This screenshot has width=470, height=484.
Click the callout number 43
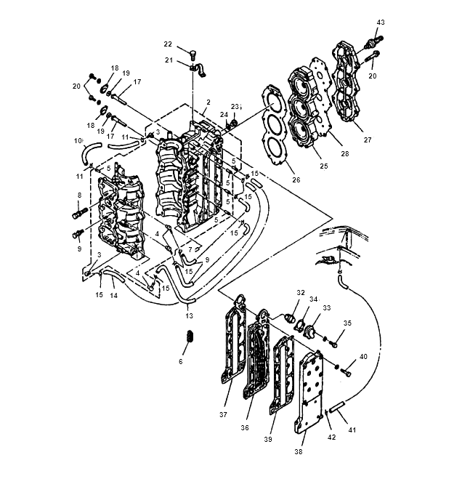pyautogui.click(x=381, y=23)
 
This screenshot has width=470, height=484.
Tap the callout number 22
pyautogui.click(x=168, y=44)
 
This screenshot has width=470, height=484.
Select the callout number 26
pyautogui.click(x=296, y=180)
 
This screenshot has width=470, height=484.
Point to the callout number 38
pyautogui.click(x=298, y=451)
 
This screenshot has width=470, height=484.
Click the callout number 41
pyautogui.click(x=352, y=429)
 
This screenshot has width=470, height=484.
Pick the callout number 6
pyautogui.click(x=181, y=361)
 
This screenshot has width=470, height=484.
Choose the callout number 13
pyautogui.click(x=189, y=315)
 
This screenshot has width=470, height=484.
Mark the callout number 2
pyautogui.click(x=208, y=102)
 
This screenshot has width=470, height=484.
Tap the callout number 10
pyautogui.click(x=78, y=141)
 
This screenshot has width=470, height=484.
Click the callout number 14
pyautogui.click(x=114, y=295)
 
